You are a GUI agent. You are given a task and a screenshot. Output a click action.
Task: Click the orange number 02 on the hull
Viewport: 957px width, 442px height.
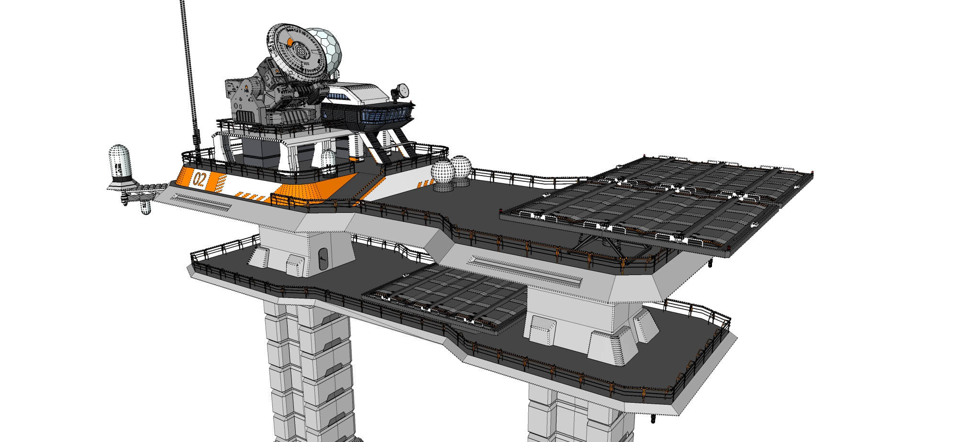(x=200, y=180)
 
